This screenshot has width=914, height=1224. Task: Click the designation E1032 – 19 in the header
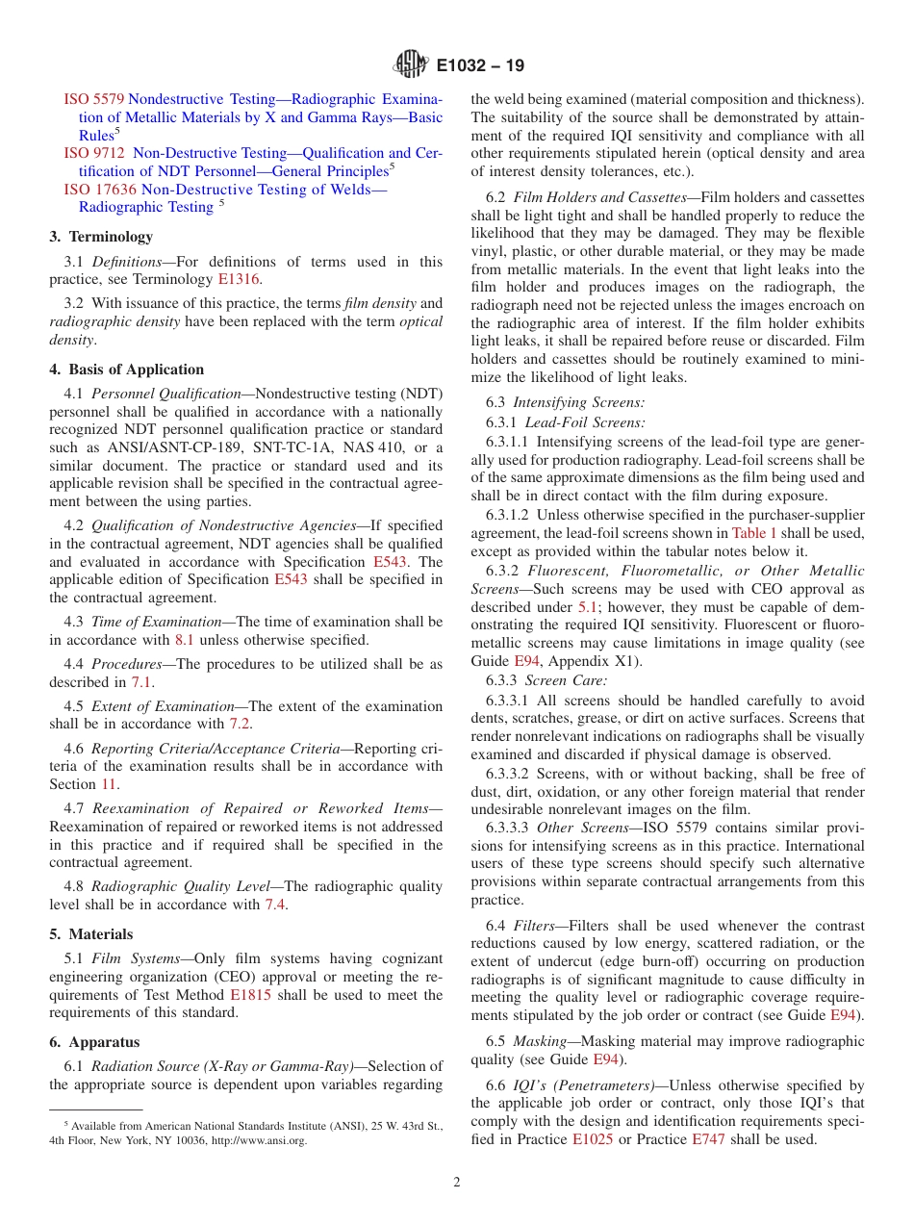click(480, 66)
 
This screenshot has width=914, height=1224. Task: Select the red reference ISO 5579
click(93, 99)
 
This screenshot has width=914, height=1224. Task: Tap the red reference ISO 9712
click(93, 153)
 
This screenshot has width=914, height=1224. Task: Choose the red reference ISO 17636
click(100, 190)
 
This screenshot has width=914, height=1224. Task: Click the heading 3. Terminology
click(101, 237)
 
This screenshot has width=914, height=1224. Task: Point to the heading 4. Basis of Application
click(127, 370)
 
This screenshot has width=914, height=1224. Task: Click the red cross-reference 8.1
click(185, 640)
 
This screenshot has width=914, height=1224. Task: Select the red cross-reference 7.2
click(240, 724)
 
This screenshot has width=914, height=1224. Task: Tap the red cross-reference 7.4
click(275, 905)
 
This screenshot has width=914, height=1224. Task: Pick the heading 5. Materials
click(91, 934)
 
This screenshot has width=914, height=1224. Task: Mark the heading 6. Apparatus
click(94, 1042)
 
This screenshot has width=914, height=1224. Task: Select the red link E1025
click(592, 1139)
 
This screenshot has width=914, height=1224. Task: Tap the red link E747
click(708, 1139)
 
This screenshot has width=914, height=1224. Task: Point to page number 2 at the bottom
click(457, 1183)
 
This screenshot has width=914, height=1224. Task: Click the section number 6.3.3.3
click(507, 828)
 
